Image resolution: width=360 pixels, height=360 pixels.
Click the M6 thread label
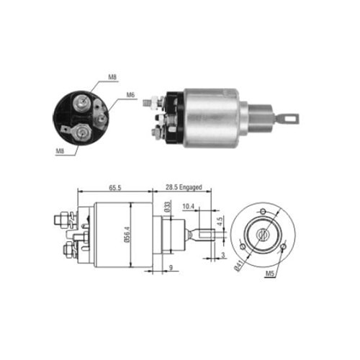[x=131, y=94]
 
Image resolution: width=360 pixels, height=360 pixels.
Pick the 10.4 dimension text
[x=188, y=207]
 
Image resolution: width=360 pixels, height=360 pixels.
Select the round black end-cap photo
[x=81, y=117]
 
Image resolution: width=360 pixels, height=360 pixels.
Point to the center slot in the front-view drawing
[x=264, y=234]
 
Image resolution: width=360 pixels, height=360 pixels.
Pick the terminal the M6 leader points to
[x=102, y=117]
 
